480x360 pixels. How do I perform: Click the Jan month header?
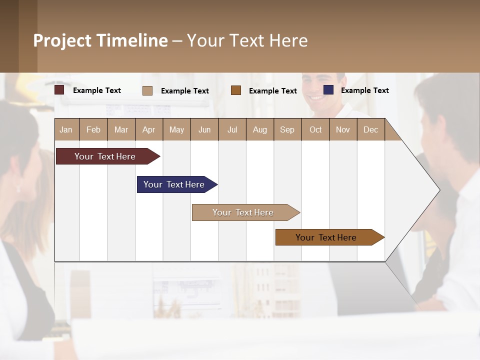click(66, 129)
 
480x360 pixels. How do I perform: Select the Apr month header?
click(149, 129)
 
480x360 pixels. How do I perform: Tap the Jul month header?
click(232, 129)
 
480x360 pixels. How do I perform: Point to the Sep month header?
click(287, 129)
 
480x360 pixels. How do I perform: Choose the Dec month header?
click(370, 129)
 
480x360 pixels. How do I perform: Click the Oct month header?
click(315, 129)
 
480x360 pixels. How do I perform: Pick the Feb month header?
click(93, 129)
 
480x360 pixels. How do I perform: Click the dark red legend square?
click(59, 90)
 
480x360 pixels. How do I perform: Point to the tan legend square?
click(147, 90)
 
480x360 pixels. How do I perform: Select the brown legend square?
click(236, 90)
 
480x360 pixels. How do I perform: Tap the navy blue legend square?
click(328, 90)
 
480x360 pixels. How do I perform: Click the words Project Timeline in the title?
click(100, 40)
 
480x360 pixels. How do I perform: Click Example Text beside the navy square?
click(364, 90)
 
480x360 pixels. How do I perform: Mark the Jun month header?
click(204, 129)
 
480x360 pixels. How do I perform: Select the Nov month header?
click(343, 129)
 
